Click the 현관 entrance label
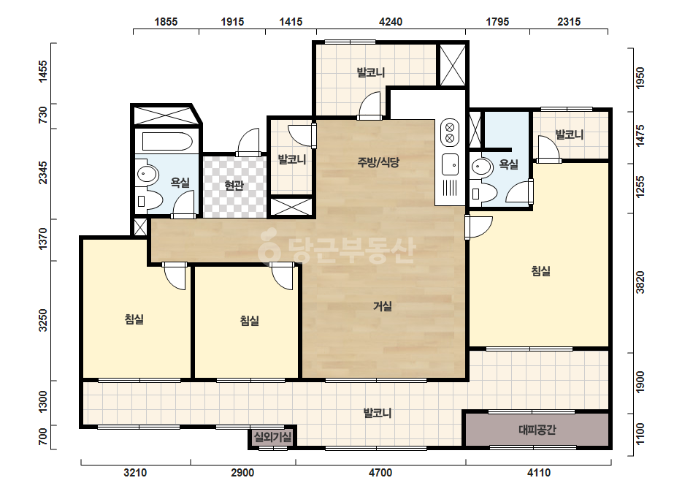pos(234,186)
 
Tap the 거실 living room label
pos(382,306)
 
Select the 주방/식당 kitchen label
pos(378,162)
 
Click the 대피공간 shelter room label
pos(537,430)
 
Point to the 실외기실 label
pos(272,438)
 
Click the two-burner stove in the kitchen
pos(450,132)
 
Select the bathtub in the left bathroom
pos(166,142)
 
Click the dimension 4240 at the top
pos(391,21)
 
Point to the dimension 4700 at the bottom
pos(380,473)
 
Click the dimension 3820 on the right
pos(640,282)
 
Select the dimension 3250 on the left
pos(43,321)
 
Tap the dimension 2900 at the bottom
pos(242,473)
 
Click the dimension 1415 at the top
pos(291,21)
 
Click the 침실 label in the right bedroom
pos(541,271)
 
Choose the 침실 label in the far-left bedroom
pos(134,319)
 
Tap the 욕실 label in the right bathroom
pos(508,164)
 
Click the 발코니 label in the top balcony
pos(370,72)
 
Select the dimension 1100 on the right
pos(640,435)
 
